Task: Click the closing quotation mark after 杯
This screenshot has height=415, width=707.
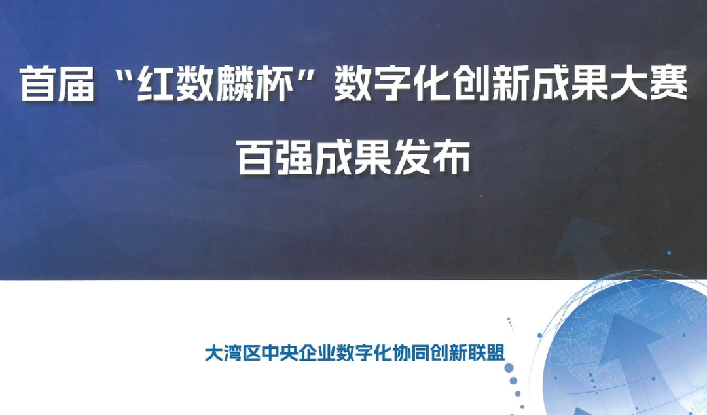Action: point(304,76)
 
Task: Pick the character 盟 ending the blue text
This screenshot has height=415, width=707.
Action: point(496,354)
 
